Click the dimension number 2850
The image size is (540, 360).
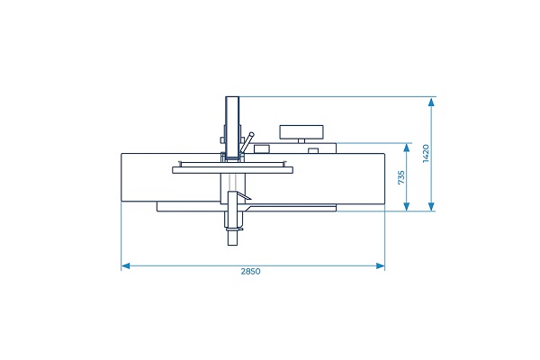(251, 272)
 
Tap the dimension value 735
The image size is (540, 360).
(401, 177)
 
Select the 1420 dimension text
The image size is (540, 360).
(426, 154)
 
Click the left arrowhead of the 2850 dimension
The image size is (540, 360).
(125, 266)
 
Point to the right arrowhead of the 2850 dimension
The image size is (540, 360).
(381, 266)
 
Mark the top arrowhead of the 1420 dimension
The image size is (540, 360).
(431, 102)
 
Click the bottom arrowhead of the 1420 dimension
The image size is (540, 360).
(431, 206)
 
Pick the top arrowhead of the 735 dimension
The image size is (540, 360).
(407, 148)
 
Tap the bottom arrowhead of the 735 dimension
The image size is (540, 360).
(407, 206)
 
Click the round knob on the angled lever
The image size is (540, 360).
(252, 135)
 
